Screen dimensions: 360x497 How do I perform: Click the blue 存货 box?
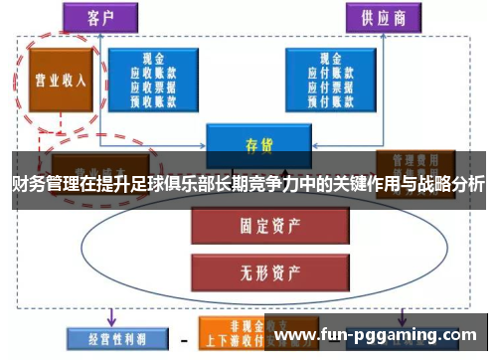(x=250, y=143)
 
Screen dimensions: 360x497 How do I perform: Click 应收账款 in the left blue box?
(x=153, y=73)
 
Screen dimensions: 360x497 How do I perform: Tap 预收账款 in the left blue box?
(x=153, y=99)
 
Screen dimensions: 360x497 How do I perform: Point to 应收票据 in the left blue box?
(x=153, y=87)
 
